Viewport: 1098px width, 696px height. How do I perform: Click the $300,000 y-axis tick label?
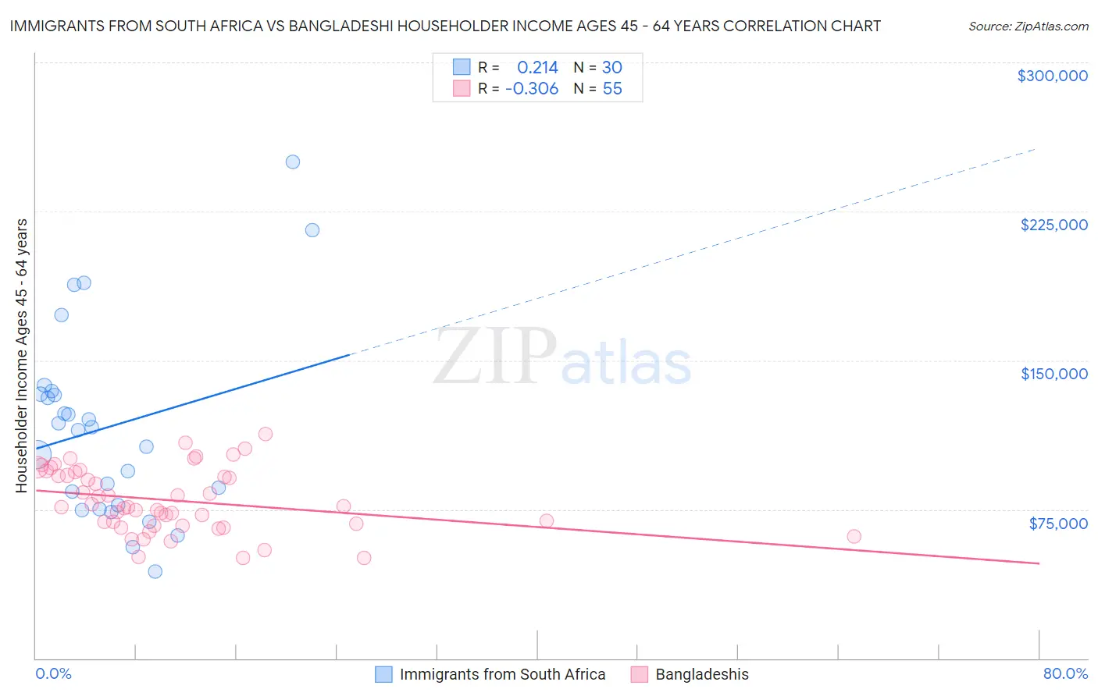point(1052,76)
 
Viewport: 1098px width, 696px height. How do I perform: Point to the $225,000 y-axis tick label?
point(1053,225)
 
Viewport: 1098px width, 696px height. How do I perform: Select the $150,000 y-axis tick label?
point(1053,374)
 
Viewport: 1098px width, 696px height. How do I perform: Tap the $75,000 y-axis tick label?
point(1057,524)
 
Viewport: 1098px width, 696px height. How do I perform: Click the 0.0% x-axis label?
point(53,674)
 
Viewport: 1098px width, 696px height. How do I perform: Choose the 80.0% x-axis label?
point(1065,674)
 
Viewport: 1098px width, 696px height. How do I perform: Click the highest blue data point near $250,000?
point(293,162)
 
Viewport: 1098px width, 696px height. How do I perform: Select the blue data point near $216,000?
point(312,230)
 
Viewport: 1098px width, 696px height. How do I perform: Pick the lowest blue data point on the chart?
point(155,571)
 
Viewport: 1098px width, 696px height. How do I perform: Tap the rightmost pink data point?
point(854,536)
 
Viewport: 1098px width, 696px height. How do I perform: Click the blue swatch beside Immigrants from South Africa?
point(383,674)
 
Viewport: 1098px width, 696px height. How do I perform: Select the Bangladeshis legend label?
point(701,674)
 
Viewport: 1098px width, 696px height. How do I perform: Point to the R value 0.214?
point(537,68)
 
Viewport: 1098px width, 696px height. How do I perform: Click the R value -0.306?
point(532,89)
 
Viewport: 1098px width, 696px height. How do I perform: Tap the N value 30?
point(612,68)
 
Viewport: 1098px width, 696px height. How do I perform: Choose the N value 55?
point(612,89)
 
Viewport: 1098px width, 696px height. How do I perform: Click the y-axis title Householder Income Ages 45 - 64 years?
point(22,356)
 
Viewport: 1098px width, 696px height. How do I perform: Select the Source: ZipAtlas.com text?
point(1028,27)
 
